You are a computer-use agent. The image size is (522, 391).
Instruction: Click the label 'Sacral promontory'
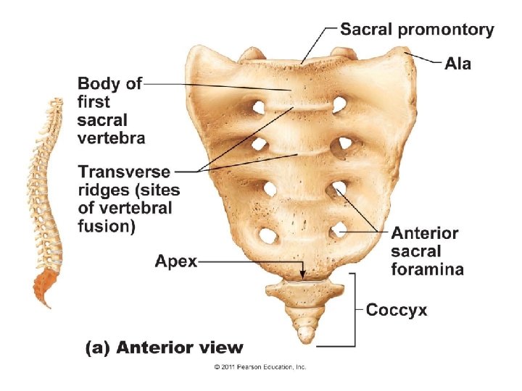tap(417, 30)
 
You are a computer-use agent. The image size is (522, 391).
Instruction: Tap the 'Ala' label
tap(457, 64)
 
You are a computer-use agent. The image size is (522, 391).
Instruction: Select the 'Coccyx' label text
tap(397, 311)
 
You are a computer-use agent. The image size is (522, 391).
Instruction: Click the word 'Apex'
tap(176, 261)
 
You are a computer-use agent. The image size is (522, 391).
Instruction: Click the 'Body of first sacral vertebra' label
tap(110, 110)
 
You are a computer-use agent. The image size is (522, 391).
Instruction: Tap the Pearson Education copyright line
tap(260, 367)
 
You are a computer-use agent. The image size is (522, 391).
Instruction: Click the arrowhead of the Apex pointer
tap(304, 276)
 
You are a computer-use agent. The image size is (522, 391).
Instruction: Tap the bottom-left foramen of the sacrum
tap(268, 235)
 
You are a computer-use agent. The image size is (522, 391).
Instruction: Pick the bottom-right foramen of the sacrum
tap(336, 232)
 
